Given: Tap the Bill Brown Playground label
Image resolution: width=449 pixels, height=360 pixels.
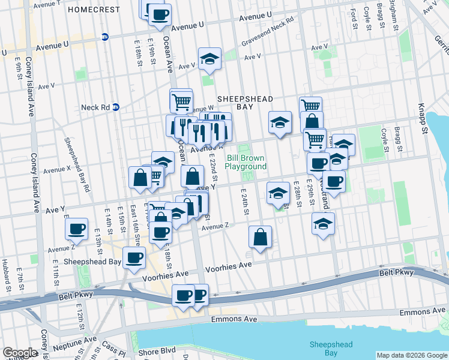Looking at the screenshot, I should point(246,162).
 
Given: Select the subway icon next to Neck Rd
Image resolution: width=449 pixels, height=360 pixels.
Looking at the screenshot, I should point(116,107).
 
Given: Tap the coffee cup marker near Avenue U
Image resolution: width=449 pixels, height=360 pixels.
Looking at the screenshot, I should point(160,16).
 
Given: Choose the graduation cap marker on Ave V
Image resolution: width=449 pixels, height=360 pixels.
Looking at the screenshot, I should point(209,59).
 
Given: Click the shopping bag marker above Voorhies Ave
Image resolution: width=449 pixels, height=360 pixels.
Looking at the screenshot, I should point(261,237).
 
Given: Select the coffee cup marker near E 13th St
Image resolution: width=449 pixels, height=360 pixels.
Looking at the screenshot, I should point(77,229).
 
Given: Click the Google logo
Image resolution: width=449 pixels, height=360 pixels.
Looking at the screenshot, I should point(20,353).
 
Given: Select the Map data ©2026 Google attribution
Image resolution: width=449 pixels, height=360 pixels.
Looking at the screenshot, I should point(412,355).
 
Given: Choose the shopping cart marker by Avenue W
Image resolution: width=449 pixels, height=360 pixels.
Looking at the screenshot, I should point(181,101).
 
